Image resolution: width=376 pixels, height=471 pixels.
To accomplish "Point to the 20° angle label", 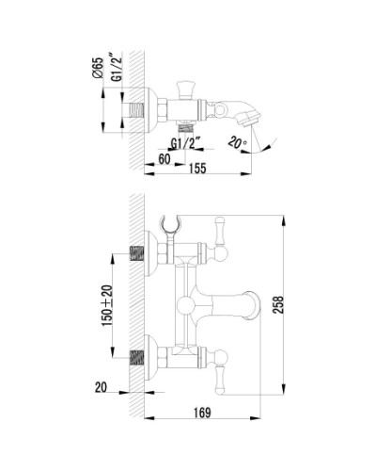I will (238, 142).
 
